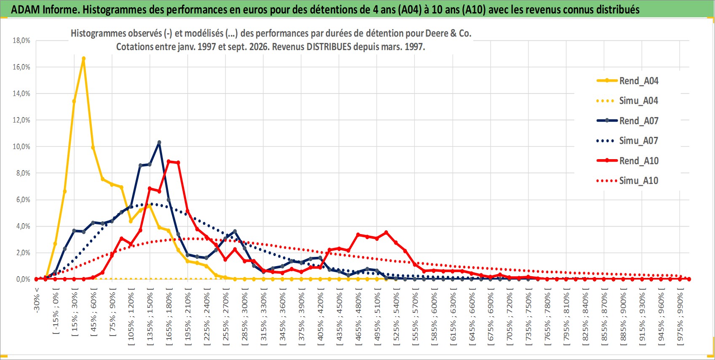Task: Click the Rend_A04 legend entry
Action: click(x=627, y=81)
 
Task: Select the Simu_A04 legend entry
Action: click(x=627, y=101)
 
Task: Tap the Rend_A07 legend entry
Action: click(x=627, y=121)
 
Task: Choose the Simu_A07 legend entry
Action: click(x=627, y=141)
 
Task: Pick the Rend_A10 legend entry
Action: click(x=627, y=160)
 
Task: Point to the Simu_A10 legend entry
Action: click(x=627, y=181)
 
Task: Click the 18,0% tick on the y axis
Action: click(x=21, y=40)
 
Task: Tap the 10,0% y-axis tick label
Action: click(x=21, y=147)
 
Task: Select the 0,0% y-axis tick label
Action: click(x=23, y=279)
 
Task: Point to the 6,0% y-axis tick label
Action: click(x=23, y=200)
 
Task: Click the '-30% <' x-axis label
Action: click(x=37, y=300)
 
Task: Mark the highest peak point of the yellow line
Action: click(x=84, y=59)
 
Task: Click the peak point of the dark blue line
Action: click(x=159, y=142)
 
